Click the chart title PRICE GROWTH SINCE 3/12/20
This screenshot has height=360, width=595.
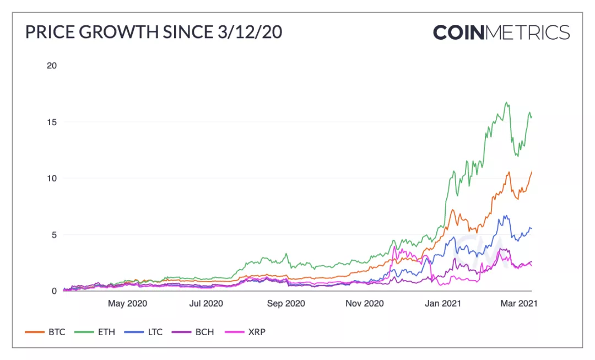[x=154, y=32]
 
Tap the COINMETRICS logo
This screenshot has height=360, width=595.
[x=501, y=32]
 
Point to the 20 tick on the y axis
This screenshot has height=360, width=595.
[x=52, y=66]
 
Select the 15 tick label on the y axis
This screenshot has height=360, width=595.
[x=52, y=122]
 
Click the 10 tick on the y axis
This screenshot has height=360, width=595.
[x=52, y=178]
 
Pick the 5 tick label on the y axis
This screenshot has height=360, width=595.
[x=54, y=235]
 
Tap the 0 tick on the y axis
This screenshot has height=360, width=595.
[x=54, y=291]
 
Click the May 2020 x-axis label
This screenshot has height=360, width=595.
[x=128, y=303]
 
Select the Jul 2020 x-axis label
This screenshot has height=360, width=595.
[x=206, y=303]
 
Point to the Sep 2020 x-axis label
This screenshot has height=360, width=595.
[x=286, y=303]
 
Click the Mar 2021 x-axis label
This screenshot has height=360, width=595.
[x=518, y=303]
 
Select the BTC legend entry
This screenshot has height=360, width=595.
[x=46, y=332]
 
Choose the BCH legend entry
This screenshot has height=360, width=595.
[x=194, y=332]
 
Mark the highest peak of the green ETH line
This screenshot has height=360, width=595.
[x=506, y=102]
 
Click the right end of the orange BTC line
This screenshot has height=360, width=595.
[x=532, y=171]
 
